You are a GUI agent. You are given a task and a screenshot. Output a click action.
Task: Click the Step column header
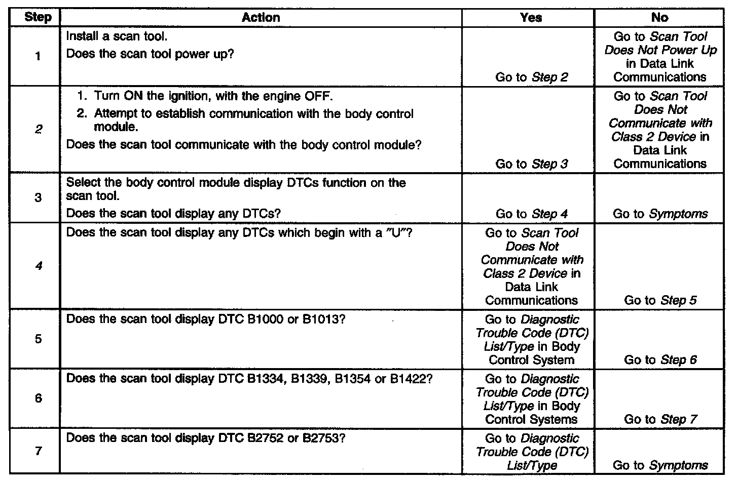pyautogui.click(x=38, y=18)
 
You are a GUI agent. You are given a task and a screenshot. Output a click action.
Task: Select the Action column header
pyautogui.click(x=261, y=18)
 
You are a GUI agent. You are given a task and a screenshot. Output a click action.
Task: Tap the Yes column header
pyautogui.click(x=531, y=18)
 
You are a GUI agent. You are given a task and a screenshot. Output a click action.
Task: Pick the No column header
pyautogui.click(x=659, y=18)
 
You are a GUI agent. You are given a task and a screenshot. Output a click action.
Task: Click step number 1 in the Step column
pyautogui.click(x=38, y=56)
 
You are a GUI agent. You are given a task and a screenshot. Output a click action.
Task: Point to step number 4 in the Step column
pyautogui.click(x=39, y=266)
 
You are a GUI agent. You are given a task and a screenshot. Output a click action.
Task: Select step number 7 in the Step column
pyautogui.click(x=39, y=451)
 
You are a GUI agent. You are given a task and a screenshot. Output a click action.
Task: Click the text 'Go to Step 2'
pyautogui.click(x=531, y=77)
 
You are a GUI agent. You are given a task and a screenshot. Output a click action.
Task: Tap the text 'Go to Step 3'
pyautogui.click(x=531, y=164)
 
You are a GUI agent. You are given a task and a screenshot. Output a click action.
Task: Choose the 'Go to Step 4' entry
pyautogui.click(x=531, y=214)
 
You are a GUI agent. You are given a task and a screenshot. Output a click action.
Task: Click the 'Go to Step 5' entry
pyautogui.click(x=660, y=301)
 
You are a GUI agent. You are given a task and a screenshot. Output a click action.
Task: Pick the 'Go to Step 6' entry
pyautogui.click(x=660, y=360)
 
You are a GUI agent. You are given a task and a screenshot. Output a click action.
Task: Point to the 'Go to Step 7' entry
pyautogui.click(x=660, y=420)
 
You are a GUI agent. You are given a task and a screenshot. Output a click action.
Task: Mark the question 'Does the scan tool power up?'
pyautogui.click(x=150, y=54)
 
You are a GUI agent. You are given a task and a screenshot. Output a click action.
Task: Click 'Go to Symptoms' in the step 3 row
pyautogui.click(x=660, y=214)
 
